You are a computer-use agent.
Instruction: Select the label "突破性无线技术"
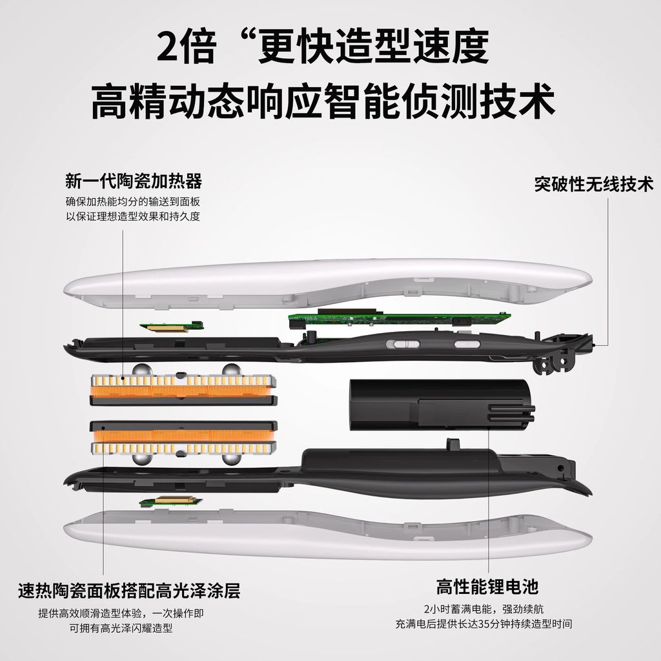coord(594,184)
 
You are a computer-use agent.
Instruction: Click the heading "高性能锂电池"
coord(487,587)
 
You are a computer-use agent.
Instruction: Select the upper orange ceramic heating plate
coord(184,389)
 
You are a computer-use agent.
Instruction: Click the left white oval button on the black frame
coord(403,344)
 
